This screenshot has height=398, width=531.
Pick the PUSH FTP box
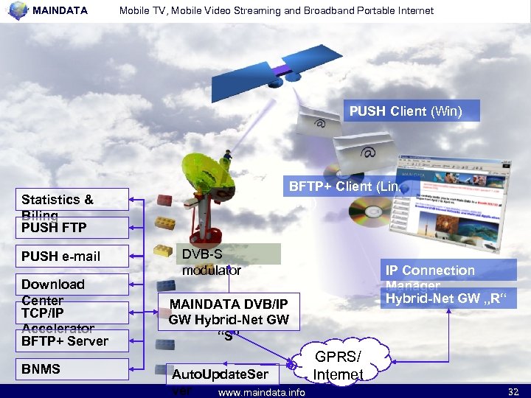point(74,227)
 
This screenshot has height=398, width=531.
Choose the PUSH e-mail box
point(74,256)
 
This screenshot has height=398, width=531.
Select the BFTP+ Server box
point(74,340)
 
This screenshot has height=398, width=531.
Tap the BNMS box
point(74,369)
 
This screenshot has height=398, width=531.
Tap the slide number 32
point(513,392)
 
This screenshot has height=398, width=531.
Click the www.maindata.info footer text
point(262,392)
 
